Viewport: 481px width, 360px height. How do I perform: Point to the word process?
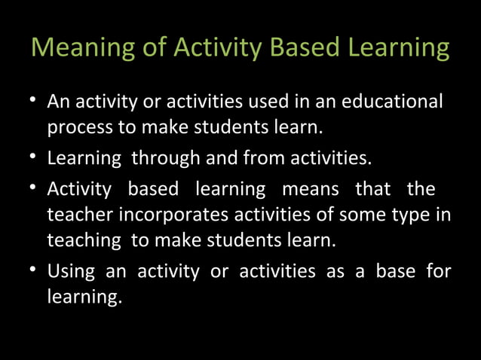[79, 128]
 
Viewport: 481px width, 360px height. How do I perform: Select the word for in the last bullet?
[438, 270]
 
